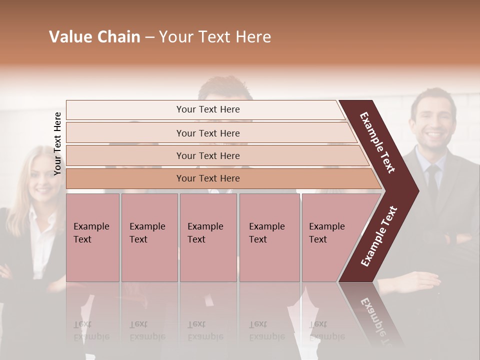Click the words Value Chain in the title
pos(94,37)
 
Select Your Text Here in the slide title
pos(215,37)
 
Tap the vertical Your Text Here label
pos(57,143)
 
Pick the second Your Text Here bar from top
pos(207,133)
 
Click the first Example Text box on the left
pos(92,237)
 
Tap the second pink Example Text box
pos(149,237)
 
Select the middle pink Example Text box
pos(208,237)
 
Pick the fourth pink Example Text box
pos(269,237)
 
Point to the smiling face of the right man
pos(433,120)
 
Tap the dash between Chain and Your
pos(149,37)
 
